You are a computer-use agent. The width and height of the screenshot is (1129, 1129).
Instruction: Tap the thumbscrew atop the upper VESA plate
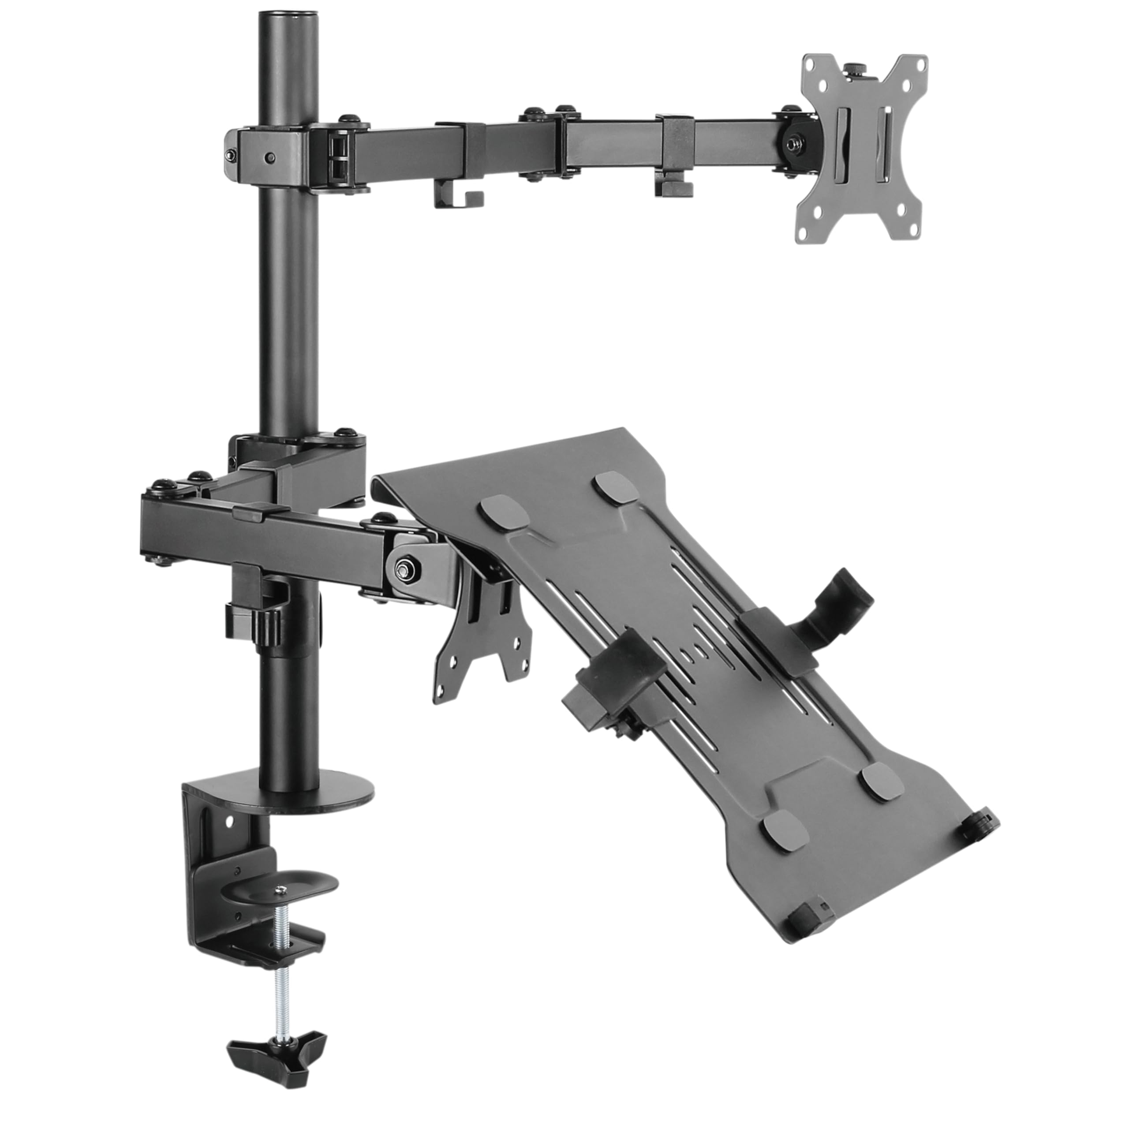856,70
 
